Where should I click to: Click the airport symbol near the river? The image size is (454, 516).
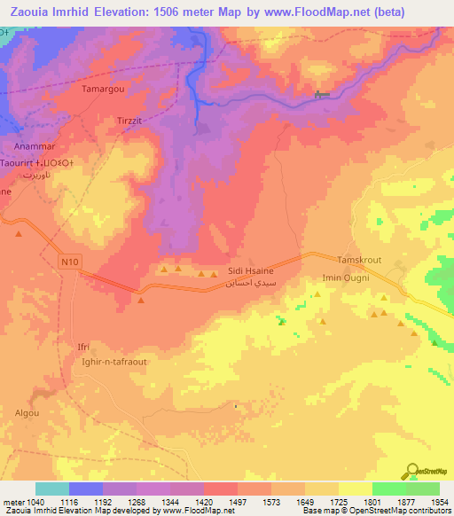pyautogui.click(x=321, y=95)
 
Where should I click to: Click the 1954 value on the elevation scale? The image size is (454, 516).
pyautogui.click(x=438, y=502)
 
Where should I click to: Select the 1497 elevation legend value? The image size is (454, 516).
pyautogui.click(x=237, y=502)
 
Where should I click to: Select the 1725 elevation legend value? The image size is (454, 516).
pyautogui.click(x=338, y=502)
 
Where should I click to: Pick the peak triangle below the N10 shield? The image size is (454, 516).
pyautogui.click(x=141, y=301)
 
